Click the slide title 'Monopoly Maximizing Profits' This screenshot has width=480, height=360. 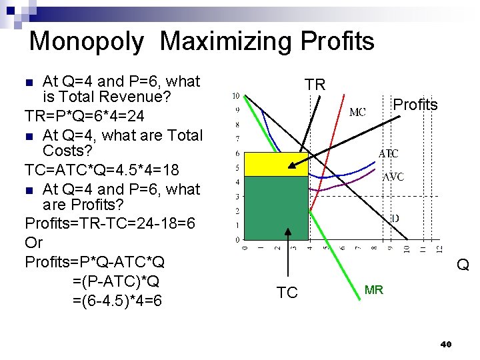coord(201,41)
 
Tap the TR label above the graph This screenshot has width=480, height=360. coord(315,85)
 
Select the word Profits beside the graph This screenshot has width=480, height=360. coord(415,105)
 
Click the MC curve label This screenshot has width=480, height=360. coord(357,112)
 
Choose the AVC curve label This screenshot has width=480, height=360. coord(392,178)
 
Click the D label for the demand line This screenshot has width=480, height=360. coord(395,217)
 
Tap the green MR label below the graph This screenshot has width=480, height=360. coord(373,290)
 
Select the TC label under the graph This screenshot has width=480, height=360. coord(287,293)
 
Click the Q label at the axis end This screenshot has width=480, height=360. coord(463,265)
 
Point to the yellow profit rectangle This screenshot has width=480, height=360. coord(276,164)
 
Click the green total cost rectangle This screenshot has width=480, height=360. coord(276,207)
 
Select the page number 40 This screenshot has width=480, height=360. coord(446,344)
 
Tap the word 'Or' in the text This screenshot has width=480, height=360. coord(33,242)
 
